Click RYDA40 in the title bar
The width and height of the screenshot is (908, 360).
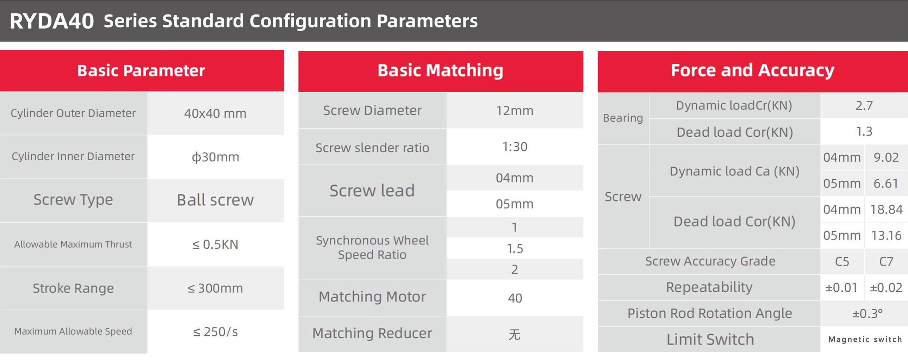click(x=52, y=21)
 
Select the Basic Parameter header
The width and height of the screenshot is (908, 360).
click(x=141, y=70)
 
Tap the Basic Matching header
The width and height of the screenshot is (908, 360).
click(x=440, y=70)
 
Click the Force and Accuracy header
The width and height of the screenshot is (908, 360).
click(x=753, y=70)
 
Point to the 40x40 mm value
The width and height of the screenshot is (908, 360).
click(x=215, y=113)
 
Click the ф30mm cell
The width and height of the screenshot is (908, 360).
click(x=215, y=157)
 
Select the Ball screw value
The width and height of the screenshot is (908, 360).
click(x=215, y=200)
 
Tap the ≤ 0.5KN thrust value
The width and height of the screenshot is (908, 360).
click(x=215, y=244)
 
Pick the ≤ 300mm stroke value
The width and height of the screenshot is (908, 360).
click(x=215, y=288)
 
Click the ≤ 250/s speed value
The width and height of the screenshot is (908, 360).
click(x=215, y=332)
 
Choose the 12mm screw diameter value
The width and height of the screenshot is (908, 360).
click(x=515, y=111)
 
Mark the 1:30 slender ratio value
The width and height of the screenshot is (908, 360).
click(x=515, y=147)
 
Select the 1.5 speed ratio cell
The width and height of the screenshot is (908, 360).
click(x=515, y=249)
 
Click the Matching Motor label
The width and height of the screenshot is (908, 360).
click(x=372, y=297)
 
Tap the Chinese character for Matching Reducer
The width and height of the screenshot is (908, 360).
click(x=515, y=334)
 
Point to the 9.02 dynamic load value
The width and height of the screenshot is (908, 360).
click(x=886, y=157)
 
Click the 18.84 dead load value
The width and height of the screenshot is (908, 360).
click(x=886, y=210)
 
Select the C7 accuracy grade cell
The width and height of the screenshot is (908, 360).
click(x=886, y=262)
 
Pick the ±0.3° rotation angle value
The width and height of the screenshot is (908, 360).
click(x=867, y=313)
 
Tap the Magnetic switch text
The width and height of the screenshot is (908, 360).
click(x=865, y=339)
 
